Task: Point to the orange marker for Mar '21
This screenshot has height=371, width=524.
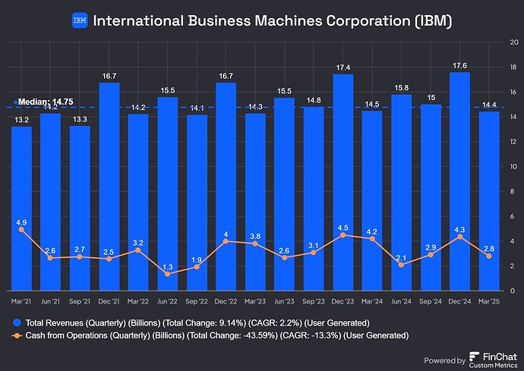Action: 21,229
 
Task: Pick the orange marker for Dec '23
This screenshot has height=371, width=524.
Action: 343,234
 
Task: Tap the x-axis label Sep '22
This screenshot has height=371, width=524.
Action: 197,302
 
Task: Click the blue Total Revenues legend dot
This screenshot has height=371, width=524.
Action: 16,321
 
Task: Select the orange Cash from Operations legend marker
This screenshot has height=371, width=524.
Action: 16,335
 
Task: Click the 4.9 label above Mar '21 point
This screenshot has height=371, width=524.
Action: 21,222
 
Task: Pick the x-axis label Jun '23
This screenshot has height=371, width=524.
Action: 285,302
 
